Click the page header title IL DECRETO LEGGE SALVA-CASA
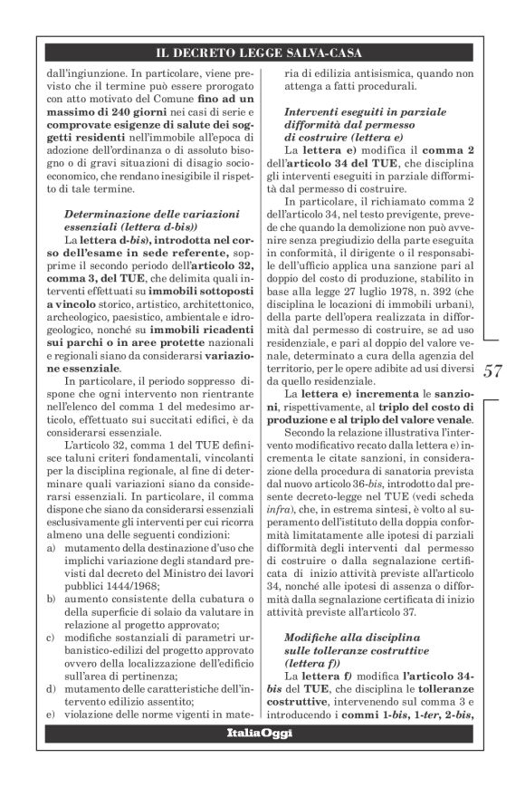262,54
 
